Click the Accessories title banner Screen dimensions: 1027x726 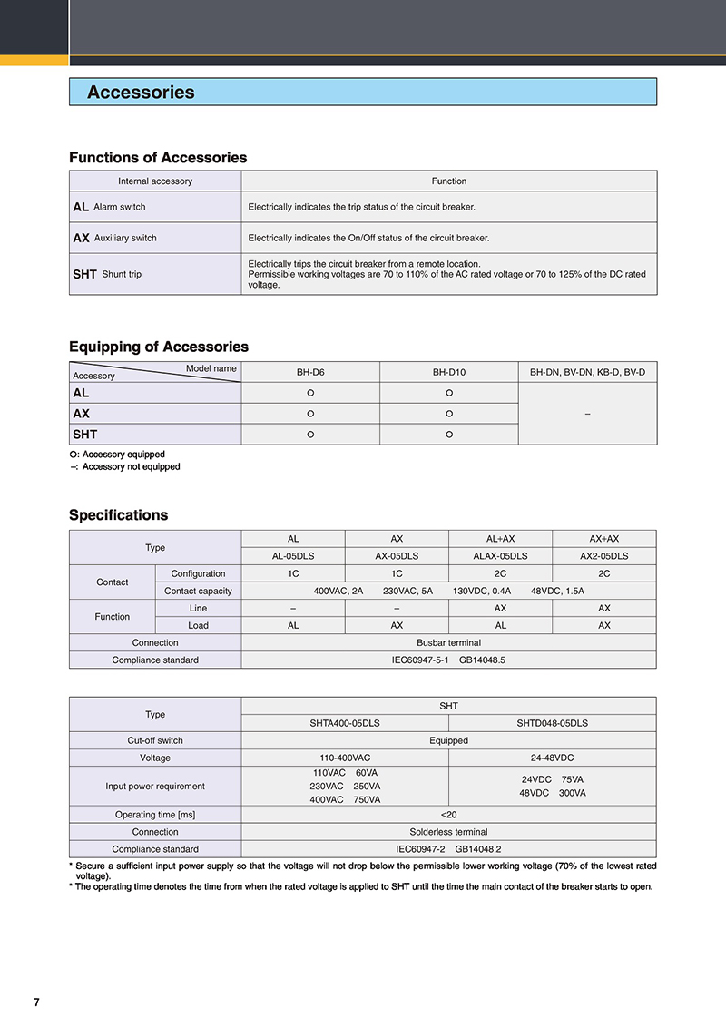pyautogui.click(x=362, y=92)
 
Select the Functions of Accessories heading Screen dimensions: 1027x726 pyautogui.click(x=158, y=158)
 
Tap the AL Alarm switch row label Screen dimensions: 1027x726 pyautogui.click(x=110, y=207)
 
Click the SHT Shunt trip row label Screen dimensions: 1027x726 pyautogui.click(x=108, y=274)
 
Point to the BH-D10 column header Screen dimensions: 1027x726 pyautogui.click(x=448, y=372)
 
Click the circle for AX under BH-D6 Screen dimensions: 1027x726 pyautogui.click(x=310, y=414)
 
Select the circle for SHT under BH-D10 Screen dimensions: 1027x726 pyautogui.click(x=448, y=435)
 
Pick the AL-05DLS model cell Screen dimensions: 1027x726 pyautogui.click(x=293, y=556)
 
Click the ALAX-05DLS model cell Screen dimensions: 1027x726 pyautogui.click(x=500, y=556)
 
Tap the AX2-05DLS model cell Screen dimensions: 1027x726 pyautogui.click(x=603, y=556)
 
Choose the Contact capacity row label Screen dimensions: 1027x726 pyautogui.click(x=198, y=591)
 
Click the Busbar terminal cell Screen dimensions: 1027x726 pyautogui.click(x=448, y=642)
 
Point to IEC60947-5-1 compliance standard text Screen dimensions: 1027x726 pyautogui.click(x=423, y=660)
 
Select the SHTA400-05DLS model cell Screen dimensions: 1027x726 pyautogui.click(x=345, y=723)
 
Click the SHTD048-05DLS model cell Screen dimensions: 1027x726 pyautogui.click(x=552, y=723)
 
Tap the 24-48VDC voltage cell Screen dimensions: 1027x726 pyautogui.click(x=552, y=758)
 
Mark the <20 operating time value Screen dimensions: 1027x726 pyautogui.click(x=448, y=815)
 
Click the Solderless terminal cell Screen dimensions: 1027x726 pyautogui.click(x=448, y=832)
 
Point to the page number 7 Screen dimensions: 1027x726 pyautogui.click(x=36, y=1003)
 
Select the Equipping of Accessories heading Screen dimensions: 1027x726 pyautogui.click(x=159, y=347)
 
